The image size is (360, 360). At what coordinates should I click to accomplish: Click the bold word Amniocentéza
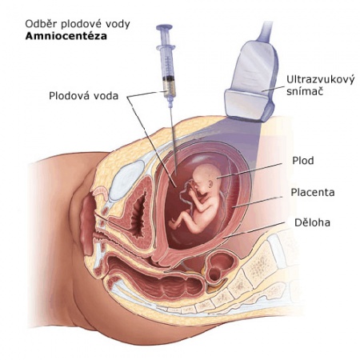click(x=66, y=36)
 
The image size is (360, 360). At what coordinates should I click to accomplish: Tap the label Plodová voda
click(x=83, y=96)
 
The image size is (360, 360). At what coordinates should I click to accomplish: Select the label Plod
click(x=303, y=161)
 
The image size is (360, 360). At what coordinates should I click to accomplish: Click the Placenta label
click(x=313, y=192)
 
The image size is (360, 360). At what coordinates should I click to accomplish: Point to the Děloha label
click(x=312, y=222)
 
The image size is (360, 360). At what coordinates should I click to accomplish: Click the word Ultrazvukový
click(x=321, y=80)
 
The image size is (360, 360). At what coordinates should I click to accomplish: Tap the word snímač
click(x=305, y=91)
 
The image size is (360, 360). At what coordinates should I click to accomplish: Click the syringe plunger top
click(x=164, y=27)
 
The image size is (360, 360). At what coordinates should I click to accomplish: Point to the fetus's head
click(x=206, y=178)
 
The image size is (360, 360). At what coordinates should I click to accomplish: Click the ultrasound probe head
click(x=250, y=106)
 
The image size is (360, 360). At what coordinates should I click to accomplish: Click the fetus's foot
click(x=174, y=224)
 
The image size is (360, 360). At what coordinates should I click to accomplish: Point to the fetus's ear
click(x=211, y=183)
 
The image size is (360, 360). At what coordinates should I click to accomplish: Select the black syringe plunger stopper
click(x=169, y=78)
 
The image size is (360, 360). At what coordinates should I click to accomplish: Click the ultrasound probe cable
click(x=266, y=30)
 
